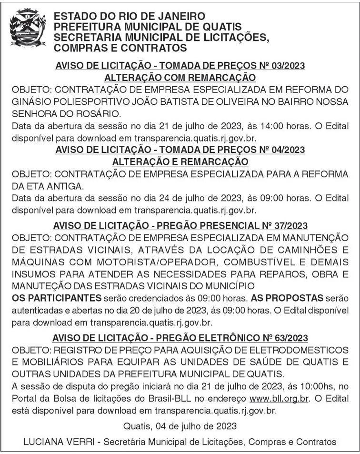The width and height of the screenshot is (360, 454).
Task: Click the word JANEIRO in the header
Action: point(171,16)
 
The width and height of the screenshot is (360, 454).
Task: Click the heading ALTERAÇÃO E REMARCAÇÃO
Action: point(180,162)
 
